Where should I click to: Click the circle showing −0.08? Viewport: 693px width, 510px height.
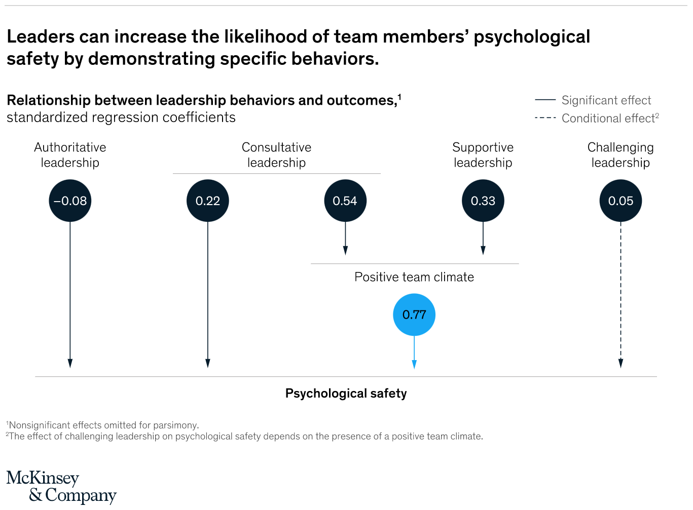pyautogui.click(x=70, y=201)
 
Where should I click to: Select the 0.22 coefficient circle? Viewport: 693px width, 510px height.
pyautogui.click(x=208, y=201)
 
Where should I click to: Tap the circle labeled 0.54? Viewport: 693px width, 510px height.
pyautogui.click(x=345, y=201)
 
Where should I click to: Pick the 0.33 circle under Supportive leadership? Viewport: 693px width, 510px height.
pyautogui.click(x=483, y=201)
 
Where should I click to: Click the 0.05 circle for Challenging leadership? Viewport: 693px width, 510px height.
pyautogui.click(x=621, y=201)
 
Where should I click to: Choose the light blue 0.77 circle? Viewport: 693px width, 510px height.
pyautogui.click(x=414, y=315)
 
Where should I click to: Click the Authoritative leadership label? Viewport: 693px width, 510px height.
pyautogui.click(x=70, y=155)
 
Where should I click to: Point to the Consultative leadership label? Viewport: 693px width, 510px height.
pyautogui.click(x=276, y=155)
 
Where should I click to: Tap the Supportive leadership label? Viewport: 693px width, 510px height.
pyautogui.click(x=483, y=155)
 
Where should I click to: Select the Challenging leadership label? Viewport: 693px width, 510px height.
pyautogui.click(x=621, y=155)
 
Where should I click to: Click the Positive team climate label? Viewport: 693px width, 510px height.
pyautogui.click(x=414, y=277)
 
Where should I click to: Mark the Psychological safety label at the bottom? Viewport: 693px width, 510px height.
pyautogui.click(x=346, y=394)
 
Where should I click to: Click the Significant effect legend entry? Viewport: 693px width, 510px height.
pyautogui.click(x=606, y=100)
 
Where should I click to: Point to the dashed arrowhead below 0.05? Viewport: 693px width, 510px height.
pyautogui.click(x=621, y=363)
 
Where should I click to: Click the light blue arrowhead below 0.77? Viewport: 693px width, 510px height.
pyautogui.click(x=414, y=364)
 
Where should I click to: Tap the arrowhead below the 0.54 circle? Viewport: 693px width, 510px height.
pyautogui.click(x=345, y=250)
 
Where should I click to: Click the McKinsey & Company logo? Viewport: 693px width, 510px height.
pyautogui.click(x=61, y=486)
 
